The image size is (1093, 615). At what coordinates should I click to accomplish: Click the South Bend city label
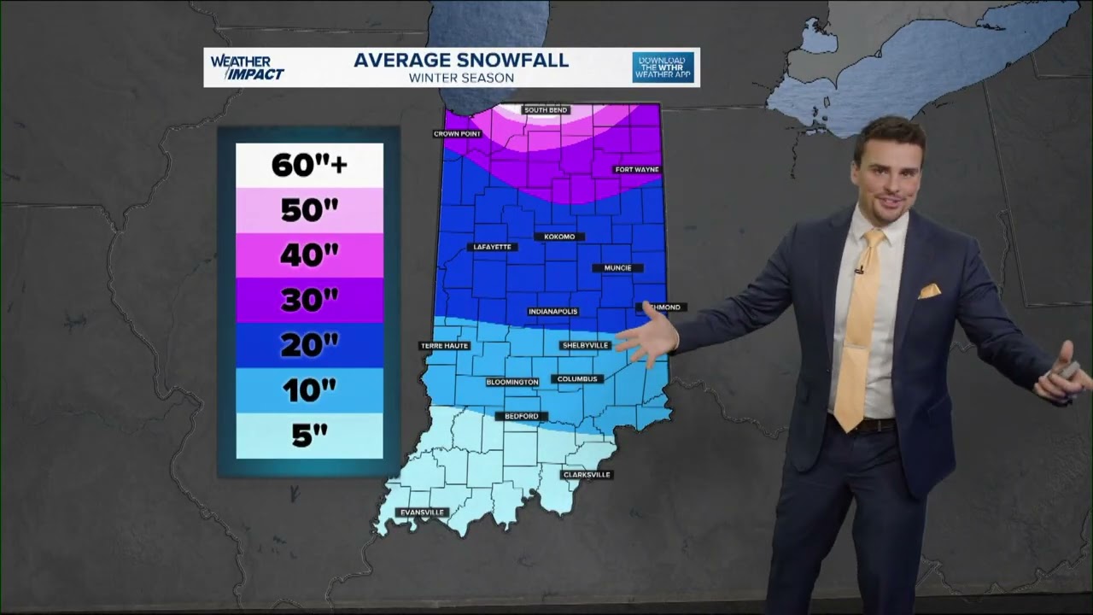pos(546,110)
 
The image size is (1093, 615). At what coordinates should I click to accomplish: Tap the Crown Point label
pos(458,134)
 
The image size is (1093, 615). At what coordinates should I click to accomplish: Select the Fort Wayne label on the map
pos(637,170)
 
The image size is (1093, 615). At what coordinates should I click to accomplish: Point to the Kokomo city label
pos(559,237)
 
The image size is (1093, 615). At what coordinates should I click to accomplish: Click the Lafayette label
pos(492,247)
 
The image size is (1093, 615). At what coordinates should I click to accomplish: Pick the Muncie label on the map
pos(617,268)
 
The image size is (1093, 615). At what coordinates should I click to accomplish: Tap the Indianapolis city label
pos(552,312)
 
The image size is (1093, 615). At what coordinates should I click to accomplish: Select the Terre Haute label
pos(444,346)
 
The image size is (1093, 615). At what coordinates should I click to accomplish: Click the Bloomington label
pos(512,382)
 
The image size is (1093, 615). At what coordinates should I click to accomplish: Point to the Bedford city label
pos(521,416)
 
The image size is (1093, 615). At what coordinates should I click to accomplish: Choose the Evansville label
pos(423,512)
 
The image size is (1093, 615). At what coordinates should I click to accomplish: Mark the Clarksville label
pos(587,475)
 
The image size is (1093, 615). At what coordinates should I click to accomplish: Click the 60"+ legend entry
pos(309,165)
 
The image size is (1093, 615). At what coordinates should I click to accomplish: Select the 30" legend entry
pos(309,300)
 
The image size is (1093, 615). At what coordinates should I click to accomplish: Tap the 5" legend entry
pos(309,436)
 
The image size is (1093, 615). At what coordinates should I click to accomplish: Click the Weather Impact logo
pos(246,67)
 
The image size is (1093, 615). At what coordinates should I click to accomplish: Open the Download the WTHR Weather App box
pos(663,67)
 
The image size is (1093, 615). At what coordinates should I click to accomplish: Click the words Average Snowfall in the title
pos(461,61)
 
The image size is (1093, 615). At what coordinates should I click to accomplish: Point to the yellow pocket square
pos(928,291)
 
